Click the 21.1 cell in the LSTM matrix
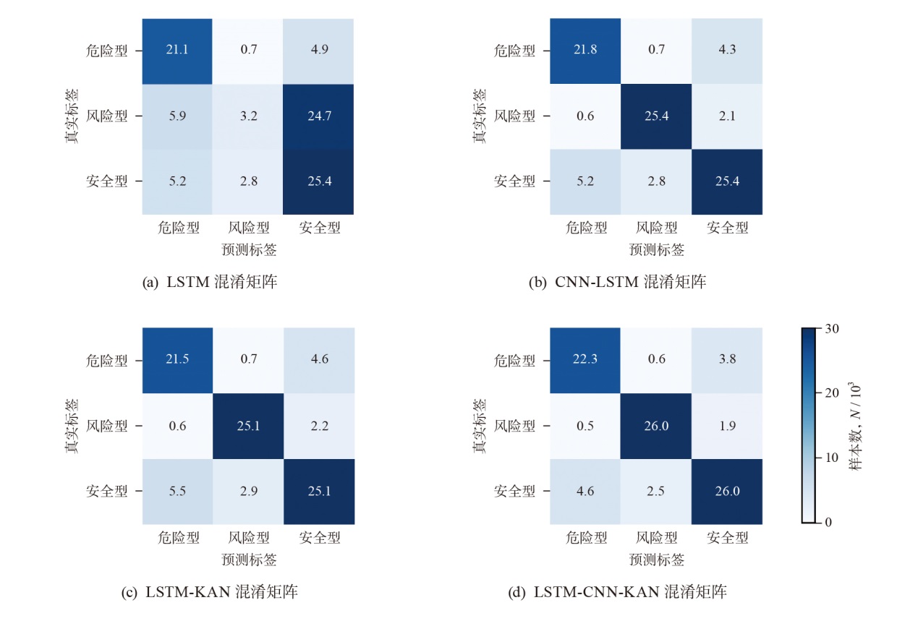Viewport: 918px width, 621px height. coord(177,50)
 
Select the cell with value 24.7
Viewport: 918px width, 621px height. coord(319,116)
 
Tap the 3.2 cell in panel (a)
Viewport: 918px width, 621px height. coord(247,116)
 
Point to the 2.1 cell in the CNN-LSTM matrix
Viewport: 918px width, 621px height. coord(727,116)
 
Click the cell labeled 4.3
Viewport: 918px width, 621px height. coord(727,50)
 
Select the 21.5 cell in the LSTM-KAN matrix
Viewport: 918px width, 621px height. coord(177,360)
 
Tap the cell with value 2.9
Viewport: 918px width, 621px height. coord(247,492)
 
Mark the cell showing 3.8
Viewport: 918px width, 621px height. coord(727,360)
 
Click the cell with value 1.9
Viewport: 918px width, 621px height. coord(727,426)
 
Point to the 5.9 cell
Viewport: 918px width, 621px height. coord(177,116)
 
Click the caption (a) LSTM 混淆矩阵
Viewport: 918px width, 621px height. coord(211,283)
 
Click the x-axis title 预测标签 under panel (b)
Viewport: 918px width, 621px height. coord(656,250)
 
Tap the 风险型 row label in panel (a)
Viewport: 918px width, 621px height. coord(106,116)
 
